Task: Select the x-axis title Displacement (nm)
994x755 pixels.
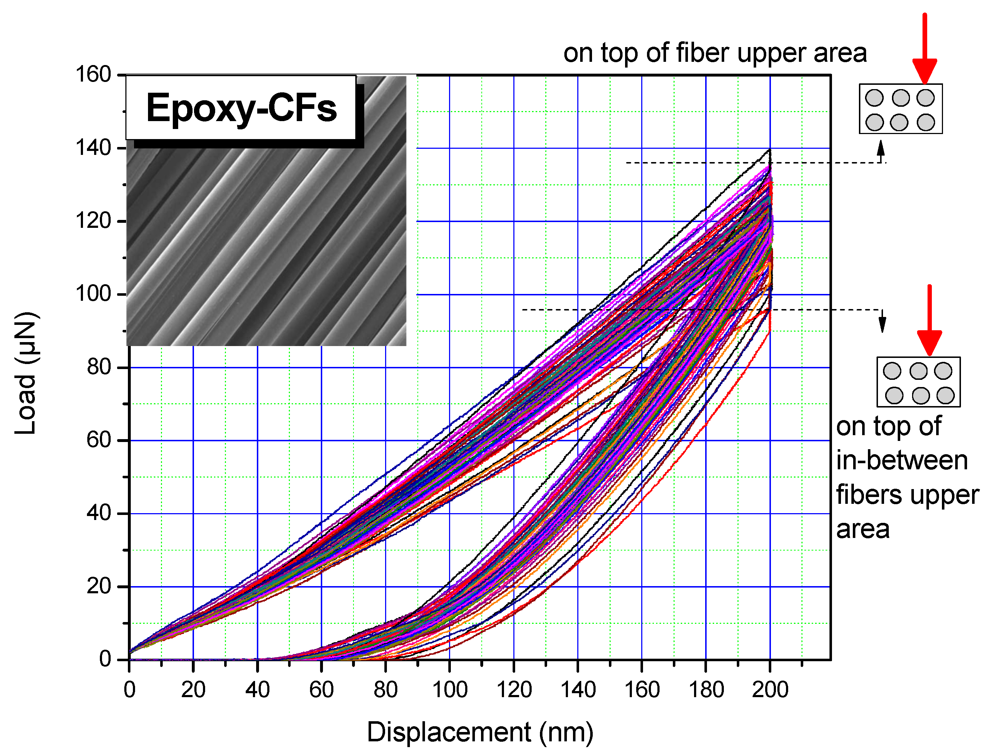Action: click(480, 732)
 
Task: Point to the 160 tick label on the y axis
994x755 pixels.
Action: click(93, 75)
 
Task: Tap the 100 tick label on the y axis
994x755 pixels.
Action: click(93, 294)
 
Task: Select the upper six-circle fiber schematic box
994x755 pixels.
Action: click(901, 109)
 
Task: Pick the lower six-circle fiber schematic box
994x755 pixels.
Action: click(919, 382)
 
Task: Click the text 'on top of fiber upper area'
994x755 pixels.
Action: click(715, 53)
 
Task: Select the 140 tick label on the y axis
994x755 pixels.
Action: click(93, 148)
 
